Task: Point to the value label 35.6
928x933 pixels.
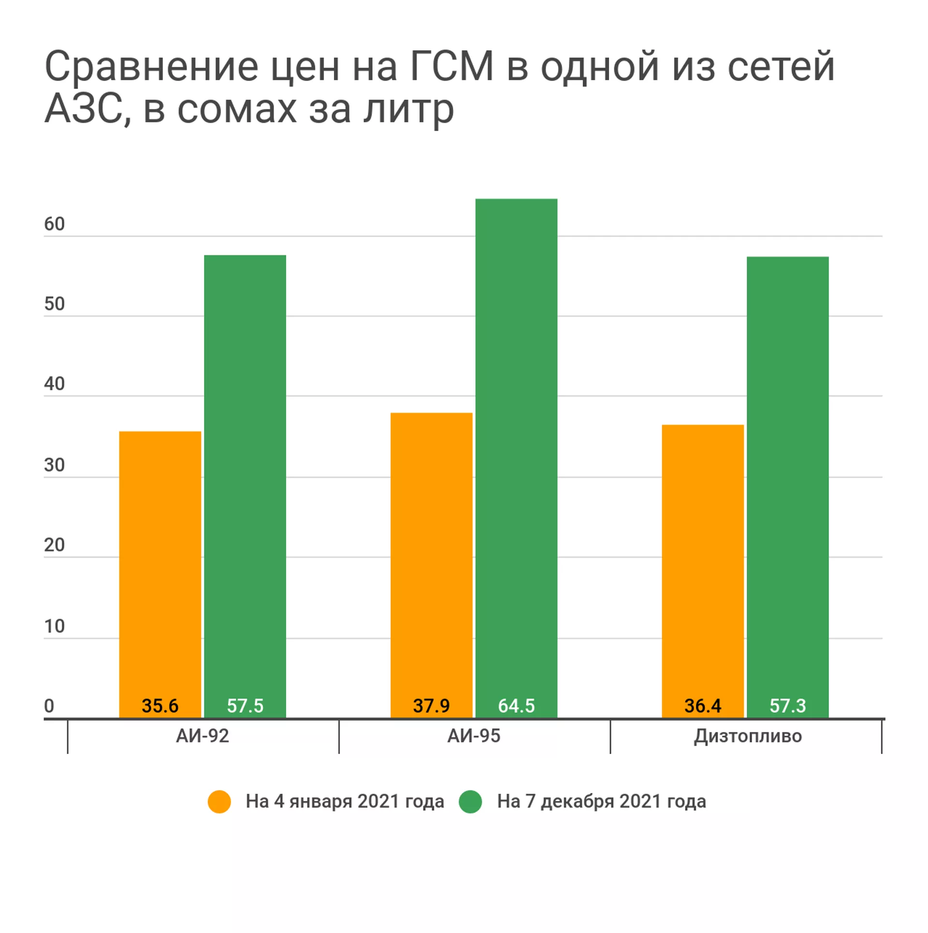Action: (160, 706)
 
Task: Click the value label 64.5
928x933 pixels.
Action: (516, 706)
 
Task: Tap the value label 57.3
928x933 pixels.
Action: (787, 706)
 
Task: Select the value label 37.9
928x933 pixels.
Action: (431, 706)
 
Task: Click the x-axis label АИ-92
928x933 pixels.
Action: (203, 736)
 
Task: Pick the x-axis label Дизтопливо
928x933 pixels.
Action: (748, 736)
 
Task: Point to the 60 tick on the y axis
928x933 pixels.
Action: (54, 224)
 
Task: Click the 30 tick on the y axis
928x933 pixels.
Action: (54, 465)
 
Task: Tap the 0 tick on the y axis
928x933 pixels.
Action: (49, 706)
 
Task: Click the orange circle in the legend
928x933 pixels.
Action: (219, 801)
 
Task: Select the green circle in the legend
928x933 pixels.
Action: (470, 801)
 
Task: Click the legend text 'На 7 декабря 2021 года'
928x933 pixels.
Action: (601, 801)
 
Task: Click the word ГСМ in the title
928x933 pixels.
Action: (452, 66)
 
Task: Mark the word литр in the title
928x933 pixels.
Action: (409, 110)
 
